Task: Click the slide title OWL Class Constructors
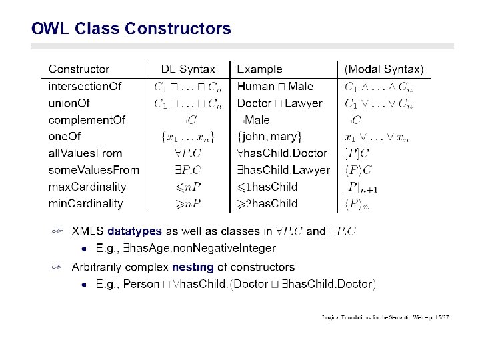[x=131, y=29]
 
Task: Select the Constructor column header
[x=79, y=69]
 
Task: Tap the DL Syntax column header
[x=188, y=69]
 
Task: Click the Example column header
[x=259, y=69]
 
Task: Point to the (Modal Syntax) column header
[x=383, y=69]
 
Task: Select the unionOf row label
[x=69, y=103]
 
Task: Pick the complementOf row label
[x=87, y=120]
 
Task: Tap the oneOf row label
[x=65, y=137]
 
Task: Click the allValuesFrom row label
[x=85, y=153]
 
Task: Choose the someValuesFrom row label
[x=93, y=170]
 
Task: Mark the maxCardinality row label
[x=87, y=187]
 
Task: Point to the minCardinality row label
[x=85, y=203]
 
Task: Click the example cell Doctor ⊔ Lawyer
[x=279, y=103]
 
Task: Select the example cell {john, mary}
[x=270, y=137]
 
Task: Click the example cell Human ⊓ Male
[x=275, y=87]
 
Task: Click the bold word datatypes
[x=135, y=231]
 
